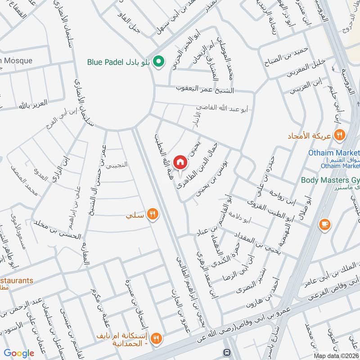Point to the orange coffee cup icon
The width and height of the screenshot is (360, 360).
click(x=323, y=224)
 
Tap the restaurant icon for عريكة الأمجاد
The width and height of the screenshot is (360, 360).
click(x=340, y=134)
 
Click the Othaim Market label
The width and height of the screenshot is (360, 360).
click(x=334, y=153)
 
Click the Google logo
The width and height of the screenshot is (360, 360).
click(x=19, y=353)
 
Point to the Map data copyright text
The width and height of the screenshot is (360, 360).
click(x=336, y=356)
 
